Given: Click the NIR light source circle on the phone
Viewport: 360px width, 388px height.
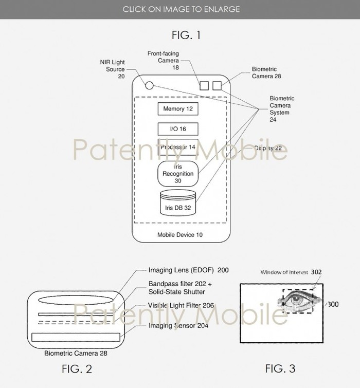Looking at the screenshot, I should click(x=149, y=86).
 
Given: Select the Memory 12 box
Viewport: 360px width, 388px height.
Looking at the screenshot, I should click(x=177, y=109).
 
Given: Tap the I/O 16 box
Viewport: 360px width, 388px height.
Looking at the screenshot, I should click(x=177, y=128).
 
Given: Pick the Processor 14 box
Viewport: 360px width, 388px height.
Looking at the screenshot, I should click(x=177, y=147).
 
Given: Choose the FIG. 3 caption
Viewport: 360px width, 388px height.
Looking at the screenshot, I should click(x=280, y=368).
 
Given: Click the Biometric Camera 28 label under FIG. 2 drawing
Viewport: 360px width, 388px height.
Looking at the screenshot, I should click(x=76, y=354).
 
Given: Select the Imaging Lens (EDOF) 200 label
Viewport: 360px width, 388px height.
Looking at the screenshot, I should click(x=188, y=269).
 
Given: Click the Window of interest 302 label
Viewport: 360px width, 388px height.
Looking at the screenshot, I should click(x=291, y=272).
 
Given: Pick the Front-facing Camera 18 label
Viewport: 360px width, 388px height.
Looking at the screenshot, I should click(x=163, y=60).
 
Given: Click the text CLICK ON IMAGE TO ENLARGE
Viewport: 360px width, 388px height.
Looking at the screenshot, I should click(x=181, y=9).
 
